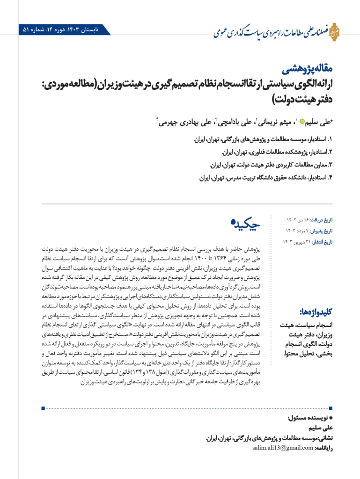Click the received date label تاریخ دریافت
pos(325,220)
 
